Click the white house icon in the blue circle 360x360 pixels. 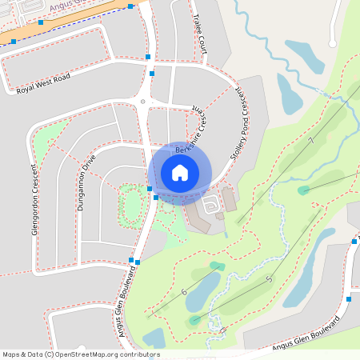tap(180, 173)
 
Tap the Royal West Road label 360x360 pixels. tap(44, 83)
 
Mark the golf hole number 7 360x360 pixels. tap(310, 141)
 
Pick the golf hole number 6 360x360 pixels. tap(184, 292)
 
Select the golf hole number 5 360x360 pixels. tap(270, 278)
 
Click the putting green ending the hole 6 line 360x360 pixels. tap(217, 266)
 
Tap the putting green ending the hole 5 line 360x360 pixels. tap(195, 320)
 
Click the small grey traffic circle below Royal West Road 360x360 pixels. tap(142, 102)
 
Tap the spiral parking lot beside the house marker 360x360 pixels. tap(211, 206)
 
